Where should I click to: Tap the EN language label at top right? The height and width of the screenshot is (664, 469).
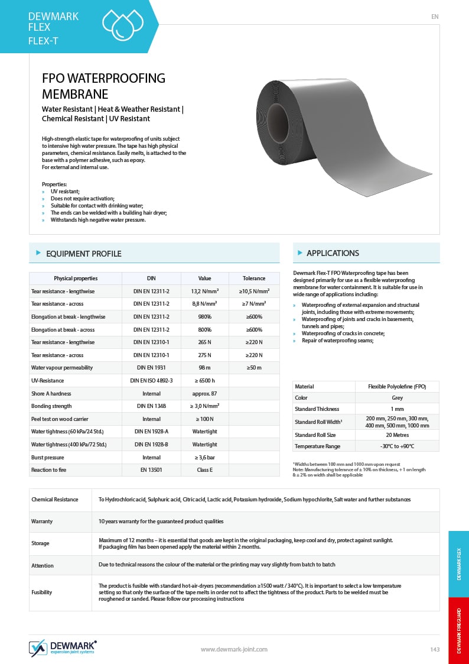tap(435, 17)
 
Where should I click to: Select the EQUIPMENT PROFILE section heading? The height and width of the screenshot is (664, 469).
tap(83, 254)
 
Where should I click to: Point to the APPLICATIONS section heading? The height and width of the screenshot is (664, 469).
tap(333, 253)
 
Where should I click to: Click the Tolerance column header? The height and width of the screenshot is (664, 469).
tap(254, 278)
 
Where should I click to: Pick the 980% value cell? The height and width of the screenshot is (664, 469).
tap(204, 317)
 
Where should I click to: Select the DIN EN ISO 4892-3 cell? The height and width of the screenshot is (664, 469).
tap(151, 381)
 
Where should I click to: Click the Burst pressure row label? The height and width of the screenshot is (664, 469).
tap(47, 457)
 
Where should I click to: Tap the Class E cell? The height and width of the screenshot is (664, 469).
tap(204, 470)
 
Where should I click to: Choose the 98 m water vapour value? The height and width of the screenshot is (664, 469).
tap(204, 368)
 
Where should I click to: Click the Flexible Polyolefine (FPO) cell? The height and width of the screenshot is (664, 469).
tap(396, 387)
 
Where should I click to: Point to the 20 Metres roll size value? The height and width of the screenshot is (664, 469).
tap(396, 435)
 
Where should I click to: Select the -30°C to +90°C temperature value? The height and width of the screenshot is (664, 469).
tap(396, 446)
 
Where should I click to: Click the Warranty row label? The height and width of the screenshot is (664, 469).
tap(42, 522)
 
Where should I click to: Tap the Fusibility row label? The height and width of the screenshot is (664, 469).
tap(41, 592)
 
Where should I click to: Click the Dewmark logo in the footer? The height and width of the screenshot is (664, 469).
tap(63, 647)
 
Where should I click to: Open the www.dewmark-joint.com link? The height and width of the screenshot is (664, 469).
tap(234, 649)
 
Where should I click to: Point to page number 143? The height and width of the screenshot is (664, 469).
tap(435, 650)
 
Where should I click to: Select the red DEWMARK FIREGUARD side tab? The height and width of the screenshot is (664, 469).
tap(459, 630)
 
